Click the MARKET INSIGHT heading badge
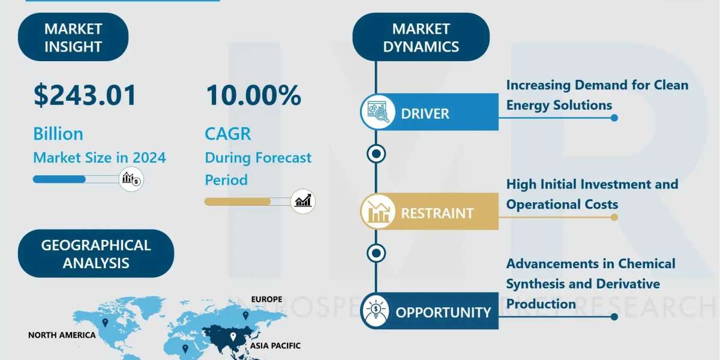(x=73, y=37)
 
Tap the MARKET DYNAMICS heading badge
(x=421, y=37)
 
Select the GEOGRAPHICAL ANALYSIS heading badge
(x=96, y=254)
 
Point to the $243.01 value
(x=85, y=95)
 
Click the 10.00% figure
(x=253, y=95)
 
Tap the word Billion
(x=58, y=134)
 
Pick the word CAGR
(x=228, y=134)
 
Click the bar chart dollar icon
(x=131, y=179)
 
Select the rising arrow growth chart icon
(x=303, y=202)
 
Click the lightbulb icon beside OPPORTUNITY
(x=376, y=311)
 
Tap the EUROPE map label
(x=266, y=299)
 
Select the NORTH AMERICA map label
(x=62, y=335)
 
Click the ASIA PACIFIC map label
(x=275, y=346)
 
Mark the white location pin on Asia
(x=233, y=337)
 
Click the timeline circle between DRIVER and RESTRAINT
(x=376, y=154)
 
